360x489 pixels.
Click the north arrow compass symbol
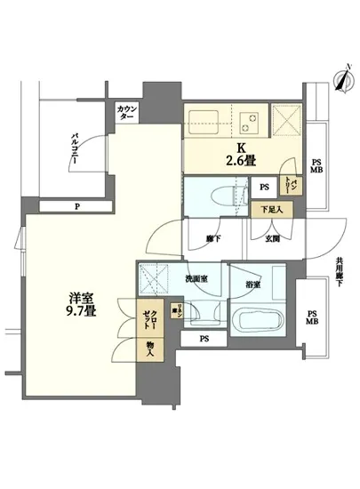click(340, 80)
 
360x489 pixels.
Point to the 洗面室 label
click(197, 279)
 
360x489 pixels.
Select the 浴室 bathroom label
click(254, 284)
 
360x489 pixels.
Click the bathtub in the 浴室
click(258, 320)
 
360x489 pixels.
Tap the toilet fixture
click(216, 195)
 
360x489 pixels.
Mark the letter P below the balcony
click(78, 208)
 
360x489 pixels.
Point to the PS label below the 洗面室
click(204, 339)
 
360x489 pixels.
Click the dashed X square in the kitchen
click(287, 121)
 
